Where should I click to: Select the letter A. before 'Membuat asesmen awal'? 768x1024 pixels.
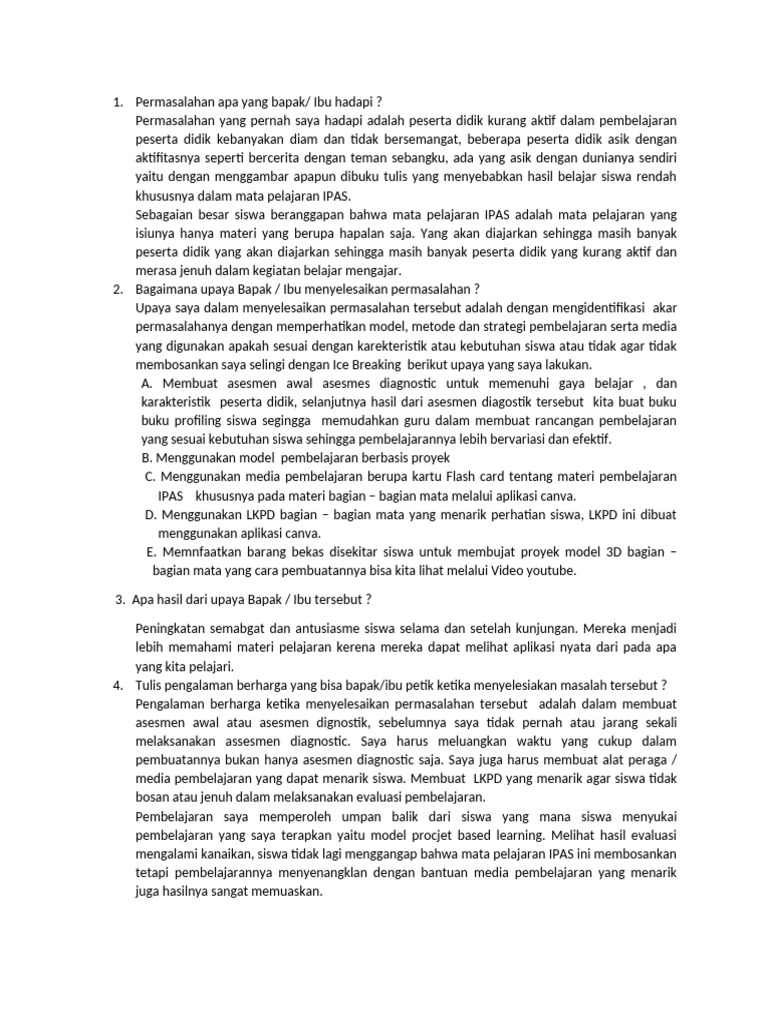(x=147, y=383)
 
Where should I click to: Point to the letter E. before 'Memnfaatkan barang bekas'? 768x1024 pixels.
(x=151, y=551)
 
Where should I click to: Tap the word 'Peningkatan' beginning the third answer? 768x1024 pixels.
(x=170, y=628)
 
